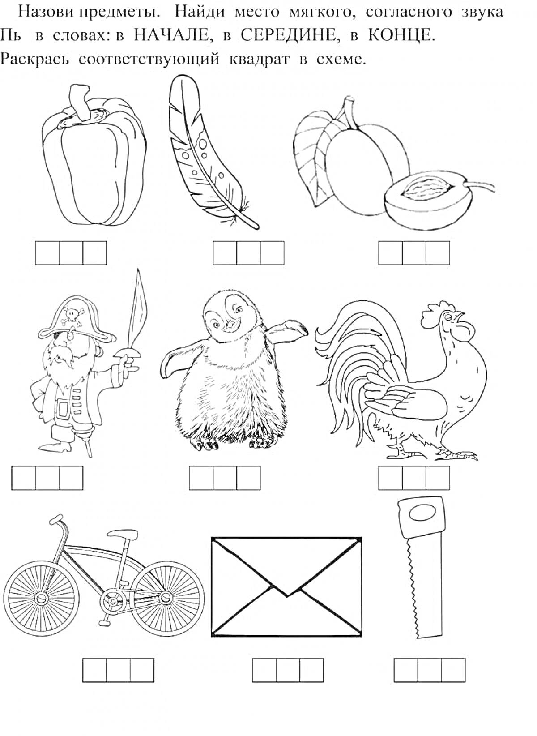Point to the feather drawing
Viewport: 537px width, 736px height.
210,151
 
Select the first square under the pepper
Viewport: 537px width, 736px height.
47,253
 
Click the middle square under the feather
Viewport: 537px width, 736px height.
248,253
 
